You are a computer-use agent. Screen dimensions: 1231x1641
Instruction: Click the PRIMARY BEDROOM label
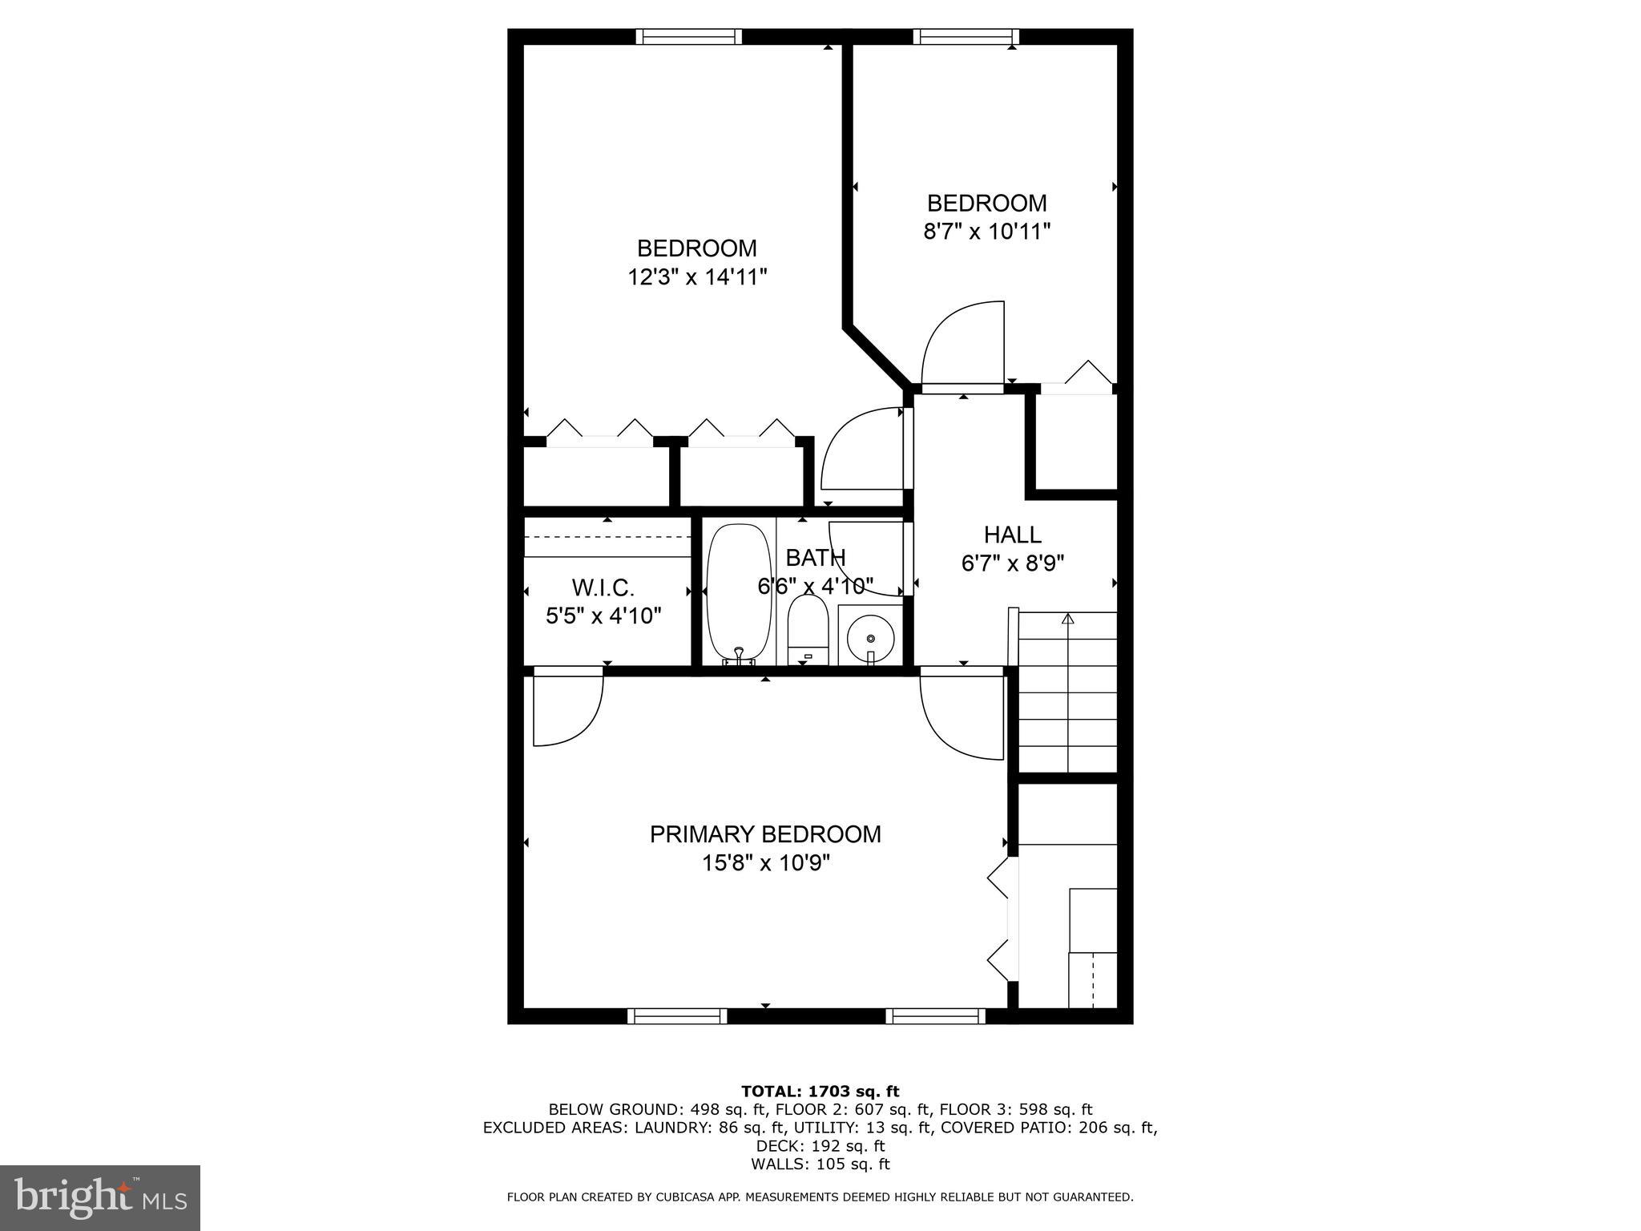[x=764, y=834]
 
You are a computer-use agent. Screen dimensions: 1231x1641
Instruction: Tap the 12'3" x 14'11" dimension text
[x=697, y=277]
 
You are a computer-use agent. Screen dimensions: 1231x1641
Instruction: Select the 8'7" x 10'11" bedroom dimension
[x=986, y=232]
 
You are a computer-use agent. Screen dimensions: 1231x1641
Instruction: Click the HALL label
[x=1012, y=535]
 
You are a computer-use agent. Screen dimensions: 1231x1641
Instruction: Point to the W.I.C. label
[x=603, y=587]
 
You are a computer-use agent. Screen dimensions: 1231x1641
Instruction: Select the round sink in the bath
[x=869, y=637]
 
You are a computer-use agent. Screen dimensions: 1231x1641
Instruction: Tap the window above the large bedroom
[x=689, y=37]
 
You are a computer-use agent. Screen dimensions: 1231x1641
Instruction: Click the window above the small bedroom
[x=966, y=37]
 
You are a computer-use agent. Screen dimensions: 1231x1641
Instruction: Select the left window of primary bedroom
[x=678, y=1016]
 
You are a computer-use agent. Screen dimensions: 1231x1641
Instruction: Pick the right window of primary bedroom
[x=935, y=1016]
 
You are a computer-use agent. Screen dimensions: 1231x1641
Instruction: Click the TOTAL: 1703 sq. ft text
[x=820, y=1091]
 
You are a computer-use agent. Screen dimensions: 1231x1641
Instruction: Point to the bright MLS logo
[x=100, y=1197]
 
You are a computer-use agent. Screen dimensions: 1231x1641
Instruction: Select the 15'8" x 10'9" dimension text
[x=765, y=863]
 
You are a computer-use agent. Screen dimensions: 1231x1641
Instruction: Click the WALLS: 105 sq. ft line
[x=820, y=1164]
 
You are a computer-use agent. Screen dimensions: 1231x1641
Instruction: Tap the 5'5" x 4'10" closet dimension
[x=603, y=616]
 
